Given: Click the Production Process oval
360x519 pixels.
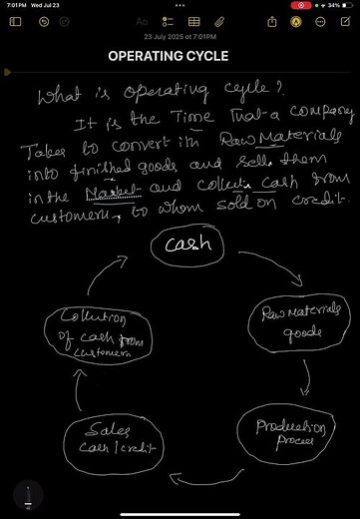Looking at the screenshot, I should click(281, 433).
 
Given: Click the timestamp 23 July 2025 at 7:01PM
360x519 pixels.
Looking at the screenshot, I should click(180, 36).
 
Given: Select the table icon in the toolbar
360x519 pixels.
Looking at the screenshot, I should click(192, 20).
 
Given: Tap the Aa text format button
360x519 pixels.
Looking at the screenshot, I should click(142, 20).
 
